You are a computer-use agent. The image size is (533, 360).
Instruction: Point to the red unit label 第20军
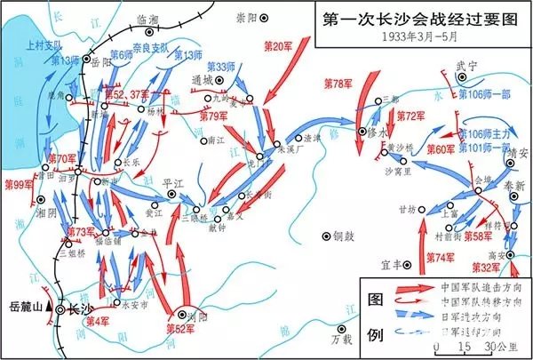point(280,44)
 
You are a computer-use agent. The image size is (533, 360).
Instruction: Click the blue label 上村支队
point(44,42)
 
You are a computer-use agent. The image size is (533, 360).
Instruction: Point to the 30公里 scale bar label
point(484,346)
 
